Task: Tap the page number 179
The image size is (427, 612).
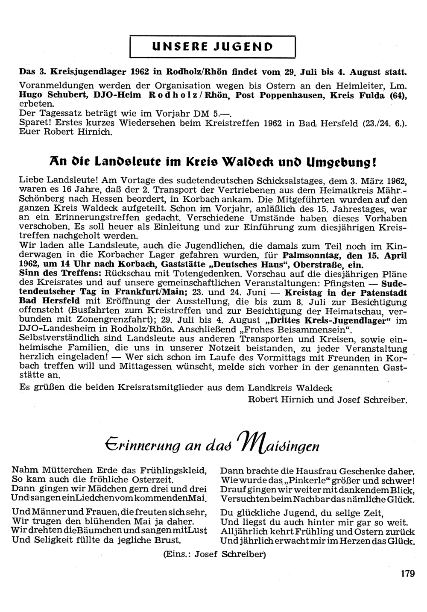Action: click(x=408, y=574)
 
